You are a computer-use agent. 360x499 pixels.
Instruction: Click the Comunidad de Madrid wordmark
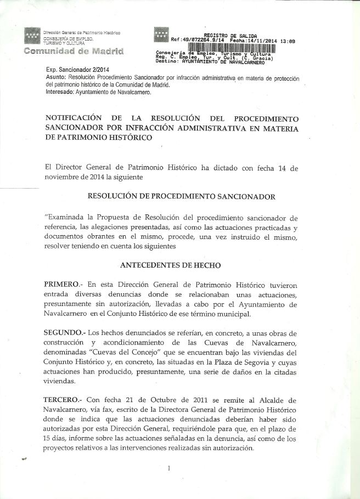pos(73,51)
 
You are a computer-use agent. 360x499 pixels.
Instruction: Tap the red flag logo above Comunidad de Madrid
pos(32,36)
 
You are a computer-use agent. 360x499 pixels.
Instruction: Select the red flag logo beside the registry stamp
pos(161,35)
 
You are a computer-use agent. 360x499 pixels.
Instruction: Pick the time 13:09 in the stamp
pos(288,41)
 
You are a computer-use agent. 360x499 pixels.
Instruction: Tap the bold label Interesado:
pos(62,92)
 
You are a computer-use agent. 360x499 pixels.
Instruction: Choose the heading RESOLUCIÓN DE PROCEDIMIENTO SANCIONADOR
pos(182,196)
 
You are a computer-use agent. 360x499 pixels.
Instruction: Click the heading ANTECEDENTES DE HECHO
pos(170,265)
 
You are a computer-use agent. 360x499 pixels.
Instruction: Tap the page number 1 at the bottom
pos(169,468)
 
